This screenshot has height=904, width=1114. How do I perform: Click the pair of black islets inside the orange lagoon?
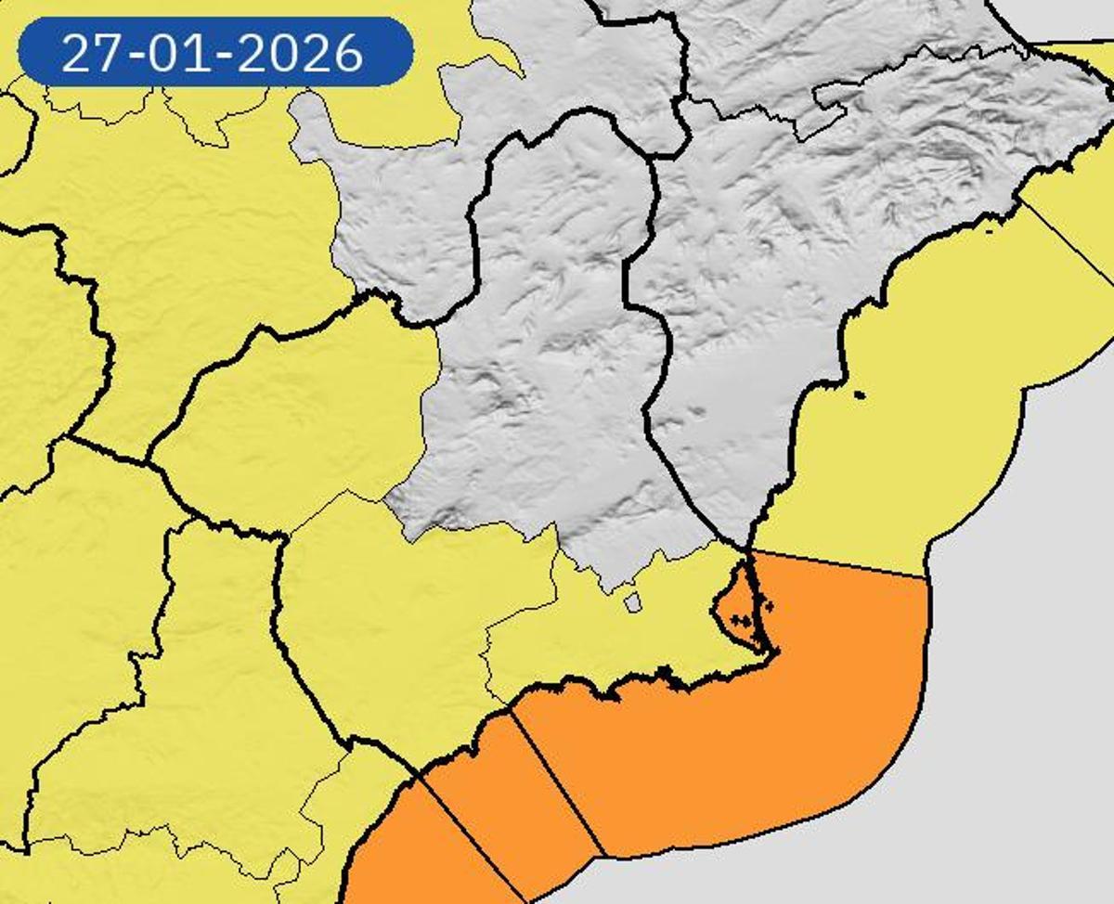point(740,617)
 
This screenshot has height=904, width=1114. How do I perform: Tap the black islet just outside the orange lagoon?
point(768,607)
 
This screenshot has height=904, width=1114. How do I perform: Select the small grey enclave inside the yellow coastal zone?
point(634,603)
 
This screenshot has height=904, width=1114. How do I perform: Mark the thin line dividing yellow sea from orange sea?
point(835,563)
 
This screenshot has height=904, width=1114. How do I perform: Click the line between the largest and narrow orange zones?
point(557,784)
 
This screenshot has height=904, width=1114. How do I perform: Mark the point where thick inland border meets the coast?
point(748,549)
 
